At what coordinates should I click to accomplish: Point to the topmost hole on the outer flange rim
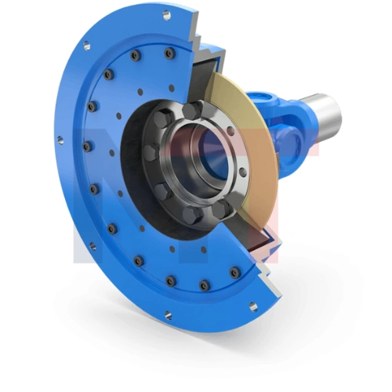tap(166, 15)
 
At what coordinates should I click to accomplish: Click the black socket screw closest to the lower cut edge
tap(234, 271)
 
